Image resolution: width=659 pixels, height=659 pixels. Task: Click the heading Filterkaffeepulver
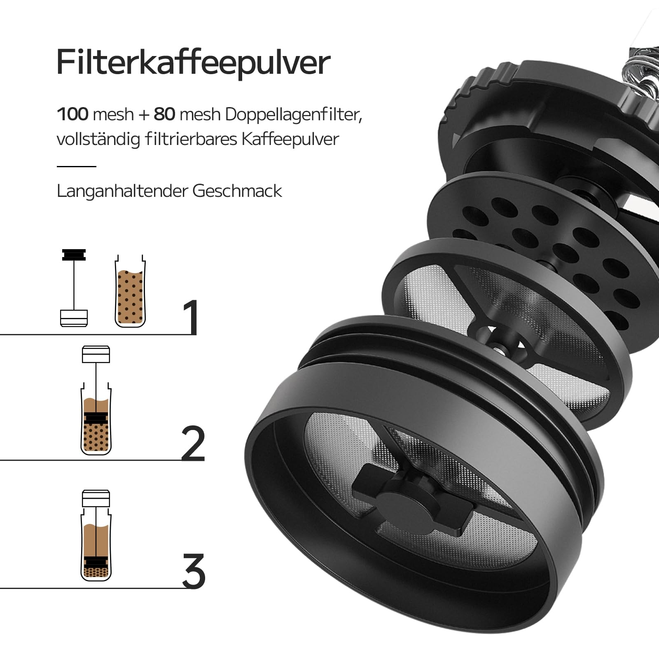(x=193, y=63)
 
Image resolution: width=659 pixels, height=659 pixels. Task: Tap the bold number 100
(x=72, y=114)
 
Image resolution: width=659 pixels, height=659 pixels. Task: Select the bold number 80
(x=164, y=114)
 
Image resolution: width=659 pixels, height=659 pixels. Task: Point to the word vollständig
(x=105, y=139)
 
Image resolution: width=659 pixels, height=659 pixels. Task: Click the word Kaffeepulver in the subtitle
(x=290, y=139)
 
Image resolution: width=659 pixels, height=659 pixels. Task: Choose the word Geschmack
(x=237, y=191)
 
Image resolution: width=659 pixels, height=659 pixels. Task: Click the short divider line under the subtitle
(x=76, y=166)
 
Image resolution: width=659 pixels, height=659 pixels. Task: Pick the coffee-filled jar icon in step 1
(x=130, y=292)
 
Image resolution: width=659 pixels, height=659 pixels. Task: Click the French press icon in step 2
(x=96, y=400)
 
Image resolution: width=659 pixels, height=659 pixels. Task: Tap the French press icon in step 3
(x=96, y=535)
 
